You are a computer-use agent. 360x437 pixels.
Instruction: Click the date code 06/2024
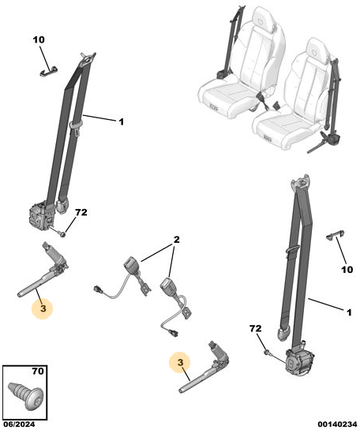click(19, 424)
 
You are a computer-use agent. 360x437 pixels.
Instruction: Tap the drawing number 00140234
click(337, 424)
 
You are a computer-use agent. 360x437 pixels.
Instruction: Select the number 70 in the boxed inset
click(38, 372)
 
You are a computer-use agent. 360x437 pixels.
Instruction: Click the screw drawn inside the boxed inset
click(26, 396)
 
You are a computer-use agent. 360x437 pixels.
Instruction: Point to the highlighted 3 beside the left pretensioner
click(43, 308)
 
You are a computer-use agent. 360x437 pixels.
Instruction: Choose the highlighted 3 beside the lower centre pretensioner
click(181, 363)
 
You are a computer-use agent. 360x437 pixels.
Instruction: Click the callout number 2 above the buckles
click(177, 239)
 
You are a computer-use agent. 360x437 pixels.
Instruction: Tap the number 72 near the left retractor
click(81, 213)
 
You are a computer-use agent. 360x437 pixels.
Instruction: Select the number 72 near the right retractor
click(256, 329)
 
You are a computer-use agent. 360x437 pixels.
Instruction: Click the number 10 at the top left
click(39, 40)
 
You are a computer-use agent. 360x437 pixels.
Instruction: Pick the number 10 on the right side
click(347, 270)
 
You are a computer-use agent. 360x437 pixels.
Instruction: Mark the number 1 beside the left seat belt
click(121, 121)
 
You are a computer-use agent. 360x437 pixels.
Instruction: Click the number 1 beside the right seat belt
click(349, 312)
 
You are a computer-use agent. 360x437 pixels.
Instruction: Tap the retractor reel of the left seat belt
click(41, 215)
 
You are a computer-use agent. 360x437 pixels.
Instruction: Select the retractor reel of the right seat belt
click(300, 361)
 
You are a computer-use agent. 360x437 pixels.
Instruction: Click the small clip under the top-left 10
click(47, 71)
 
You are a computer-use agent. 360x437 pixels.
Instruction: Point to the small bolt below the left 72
click(62, 233)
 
